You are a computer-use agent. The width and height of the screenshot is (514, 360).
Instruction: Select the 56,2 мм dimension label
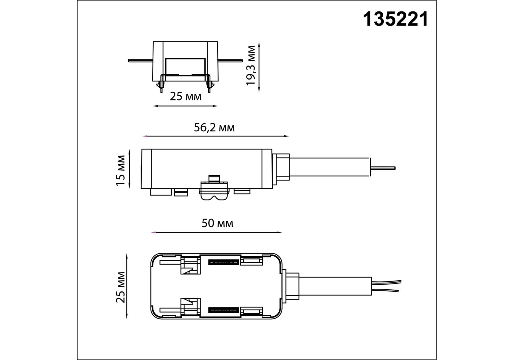click(214, 127)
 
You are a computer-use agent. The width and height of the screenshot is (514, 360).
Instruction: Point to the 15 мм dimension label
click(120, 170)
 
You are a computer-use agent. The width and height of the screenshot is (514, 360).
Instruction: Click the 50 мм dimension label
click(217, 223)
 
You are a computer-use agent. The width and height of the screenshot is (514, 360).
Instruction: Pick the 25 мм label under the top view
click(186, 97)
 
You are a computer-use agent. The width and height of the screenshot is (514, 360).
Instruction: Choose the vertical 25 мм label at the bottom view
click(120, 287)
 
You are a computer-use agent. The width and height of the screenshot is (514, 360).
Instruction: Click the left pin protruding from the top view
click(141, 61)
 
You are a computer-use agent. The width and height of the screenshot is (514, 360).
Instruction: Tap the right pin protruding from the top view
click(230, 61)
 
